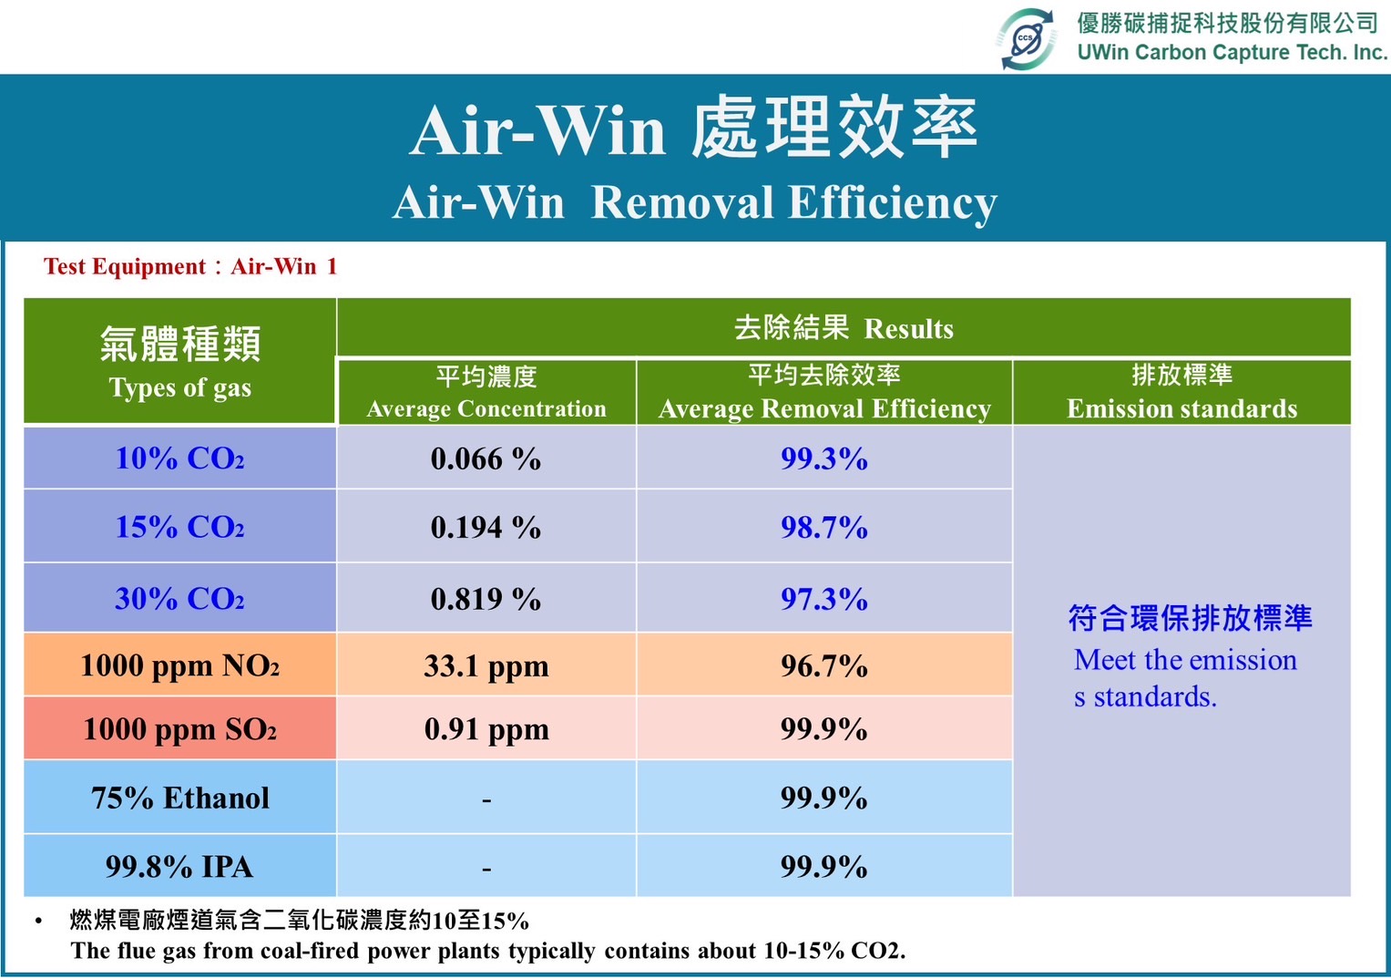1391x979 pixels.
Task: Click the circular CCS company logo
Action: (x=1026, y=39)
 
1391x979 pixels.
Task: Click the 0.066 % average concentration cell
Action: (x=486, y=459)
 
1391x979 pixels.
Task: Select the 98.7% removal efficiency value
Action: (x=824, y=527)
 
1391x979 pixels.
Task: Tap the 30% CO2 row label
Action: (x=179, y=599)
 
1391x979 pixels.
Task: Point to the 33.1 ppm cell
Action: (x=486, y=666)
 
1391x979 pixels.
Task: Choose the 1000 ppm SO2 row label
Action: (x=179, y=729)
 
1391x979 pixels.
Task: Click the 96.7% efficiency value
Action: (x=824, y=665)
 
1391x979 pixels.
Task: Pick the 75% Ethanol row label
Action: (x=180, y=798)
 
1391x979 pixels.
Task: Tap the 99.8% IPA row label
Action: (x=179, y=867)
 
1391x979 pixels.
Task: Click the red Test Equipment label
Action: (x=190, y=266)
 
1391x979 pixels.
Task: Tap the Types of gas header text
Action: (x=180, y=388)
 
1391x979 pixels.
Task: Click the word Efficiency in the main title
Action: (x=893, y=203)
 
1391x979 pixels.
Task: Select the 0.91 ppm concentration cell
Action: (x=486, y=729)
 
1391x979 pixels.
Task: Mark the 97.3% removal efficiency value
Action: (x=824, y=599)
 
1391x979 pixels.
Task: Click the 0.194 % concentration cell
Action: (x=486, y=528)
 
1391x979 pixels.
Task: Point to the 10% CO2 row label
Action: (x=179, y=459)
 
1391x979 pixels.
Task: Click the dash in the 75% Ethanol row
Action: (x=486, y=800)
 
